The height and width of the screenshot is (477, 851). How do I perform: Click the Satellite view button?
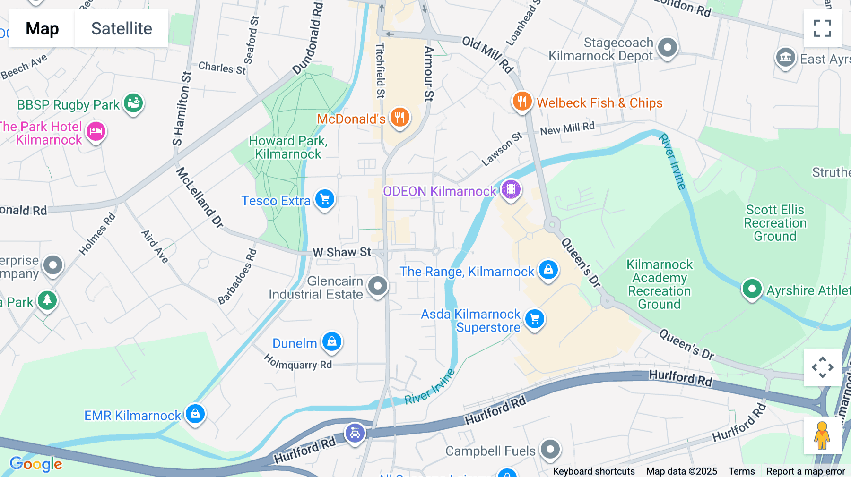point(122,28)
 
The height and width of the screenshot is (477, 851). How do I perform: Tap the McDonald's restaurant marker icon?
point(399,117)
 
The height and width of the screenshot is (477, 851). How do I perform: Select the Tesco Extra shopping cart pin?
point(325,199)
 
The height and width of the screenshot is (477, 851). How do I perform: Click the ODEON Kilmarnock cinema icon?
point(511,190)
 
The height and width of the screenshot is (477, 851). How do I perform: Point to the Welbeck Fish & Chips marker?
point(522,101)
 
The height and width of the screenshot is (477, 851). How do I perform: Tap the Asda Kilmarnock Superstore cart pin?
point(535,319)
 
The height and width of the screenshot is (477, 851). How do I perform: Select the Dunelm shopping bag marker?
point(332,341)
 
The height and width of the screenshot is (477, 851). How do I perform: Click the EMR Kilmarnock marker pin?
point(195,414)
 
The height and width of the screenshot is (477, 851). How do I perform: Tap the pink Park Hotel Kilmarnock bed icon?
point(96,132)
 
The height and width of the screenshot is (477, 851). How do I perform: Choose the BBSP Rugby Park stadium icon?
point(133,102)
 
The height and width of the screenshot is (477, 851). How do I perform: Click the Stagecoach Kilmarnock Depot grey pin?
point(668,48)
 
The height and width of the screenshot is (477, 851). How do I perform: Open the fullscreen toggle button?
point(822,28)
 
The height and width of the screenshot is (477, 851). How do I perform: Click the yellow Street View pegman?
point(822,435)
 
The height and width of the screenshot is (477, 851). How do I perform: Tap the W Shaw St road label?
point(342,252)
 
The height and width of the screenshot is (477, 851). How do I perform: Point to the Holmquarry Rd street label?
point(298,363)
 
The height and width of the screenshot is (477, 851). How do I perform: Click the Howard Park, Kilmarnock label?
point(288,147)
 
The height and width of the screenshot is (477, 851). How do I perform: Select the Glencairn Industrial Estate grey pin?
point(378,286)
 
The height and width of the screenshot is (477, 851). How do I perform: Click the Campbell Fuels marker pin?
point(550,449)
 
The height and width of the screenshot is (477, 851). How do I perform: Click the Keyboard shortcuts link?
point(593,471)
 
